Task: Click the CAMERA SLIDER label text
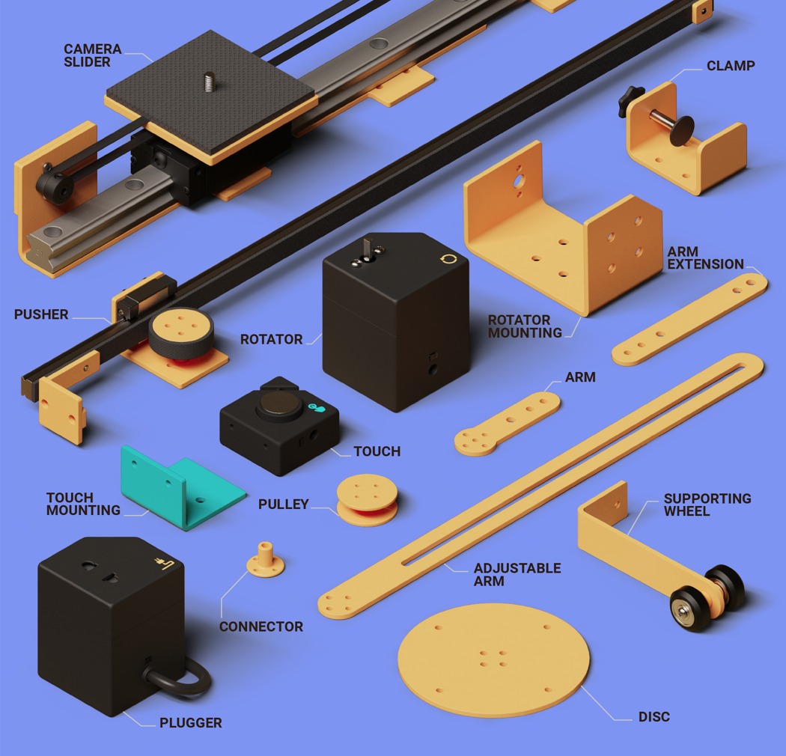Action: click(93, 55)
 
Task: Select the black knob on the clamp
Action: click(630, 101)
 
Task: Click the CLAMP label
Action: click(731, 66)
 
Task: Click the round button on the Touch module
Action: click(279, 404)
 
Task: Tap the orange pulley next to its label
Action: click(368, 500)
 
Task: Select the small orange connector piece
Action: click(265, 559)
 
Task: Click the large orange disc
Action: click(494, 659)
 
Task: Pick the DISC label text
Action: click(654, 717)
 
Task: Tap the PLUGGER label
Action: click(190, 723)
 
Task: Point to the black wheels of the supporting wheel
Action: click(707, 599)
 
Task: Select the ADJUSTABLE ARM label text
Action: click(517, 575)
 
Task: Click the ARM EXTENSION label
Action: click(705, 257)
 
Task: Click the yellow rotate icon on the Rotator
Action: click(448, 259)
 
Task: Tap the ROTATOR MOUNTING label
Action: click(525, 326)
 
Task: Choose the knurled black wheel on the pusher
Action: click(181, 333)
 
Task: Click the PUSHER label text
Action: click(41, 314)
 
